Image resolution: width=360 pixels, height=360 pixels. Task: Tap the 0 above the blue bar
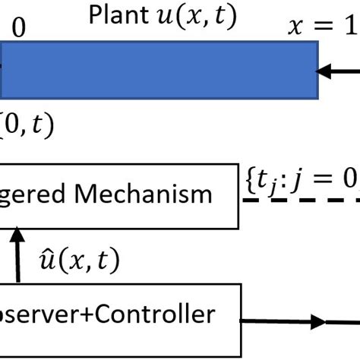pos(19,29)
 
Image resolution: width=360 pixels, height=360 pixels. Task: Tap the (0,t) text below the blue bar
pos(27,126)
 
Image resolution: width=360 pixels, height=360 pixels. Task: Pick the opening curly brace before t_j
pos(251,181)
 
